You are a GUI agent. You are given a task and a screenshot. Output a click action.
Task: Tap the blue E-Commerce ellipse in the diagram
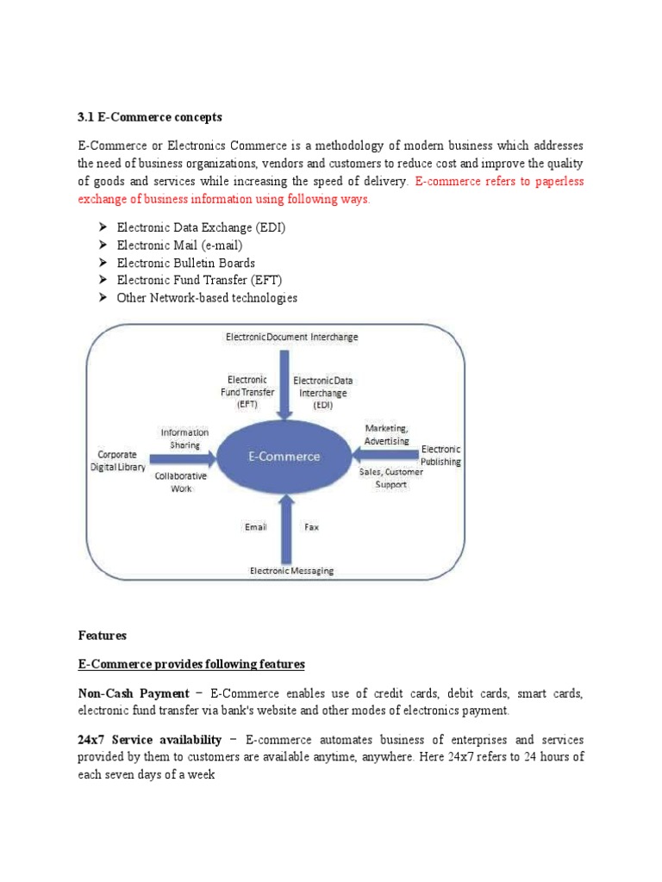pyautogui.click(x=284, y=457)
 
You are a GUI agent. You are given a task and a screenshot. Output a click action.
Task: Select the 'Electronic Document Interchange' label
pyautogui.click(x=291, y=338)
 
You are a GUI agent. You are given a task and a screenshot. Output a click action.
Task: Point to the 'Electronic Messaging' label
pyautogui.click(x=291, y=570)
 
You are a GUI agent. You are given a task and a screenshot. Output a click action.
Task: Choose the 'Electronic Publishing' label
pyautogui.click(x=440, y=455)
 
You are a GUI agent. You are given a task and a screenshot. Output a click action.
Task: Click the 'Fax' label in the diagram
pyautogui.click(x=311, y=526)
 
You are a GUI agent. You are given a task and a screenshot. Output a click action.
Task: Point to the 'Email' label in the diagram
pyautogui.click(x=256, y=526)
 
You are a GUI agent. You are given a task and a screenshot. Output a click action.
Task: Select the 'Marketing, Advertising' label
pyautogui.click(x=386, y=434)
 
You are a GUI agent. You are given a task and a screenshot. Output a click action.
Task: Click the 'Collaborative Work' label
pyautogui.click(x=180, y=481)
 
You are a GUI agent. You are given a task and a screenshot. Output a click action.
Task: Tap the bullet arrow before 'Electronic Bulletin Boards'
pyautogui.click(x=101, y=263)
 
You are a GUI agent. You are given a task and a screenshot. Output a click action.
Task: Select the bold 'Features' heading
pyautogui.click(x=102, y=636)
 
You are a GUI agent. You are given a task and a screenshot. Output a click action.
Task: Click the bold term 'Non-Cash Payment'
pyautogui.click(x=134, y=693)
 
